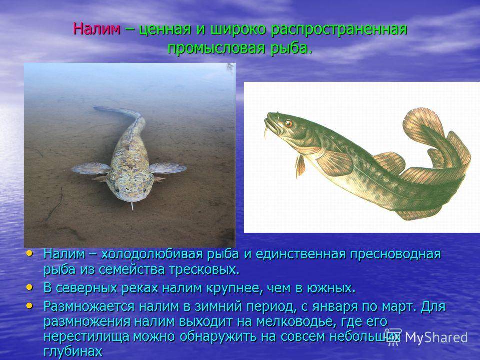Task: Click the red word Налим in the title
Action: coord(97,29)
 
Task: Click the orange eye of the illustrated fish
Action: coord(288,124)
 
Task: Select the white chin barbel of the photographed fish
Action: coord(132,206)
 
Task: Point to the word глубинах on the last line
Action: coord(73,352)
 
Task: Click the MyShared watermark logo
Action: coord(426,337)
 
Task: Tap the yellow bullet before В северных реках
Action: coord(29,288)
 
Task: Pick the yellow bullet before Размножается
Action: coord(29,306)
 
